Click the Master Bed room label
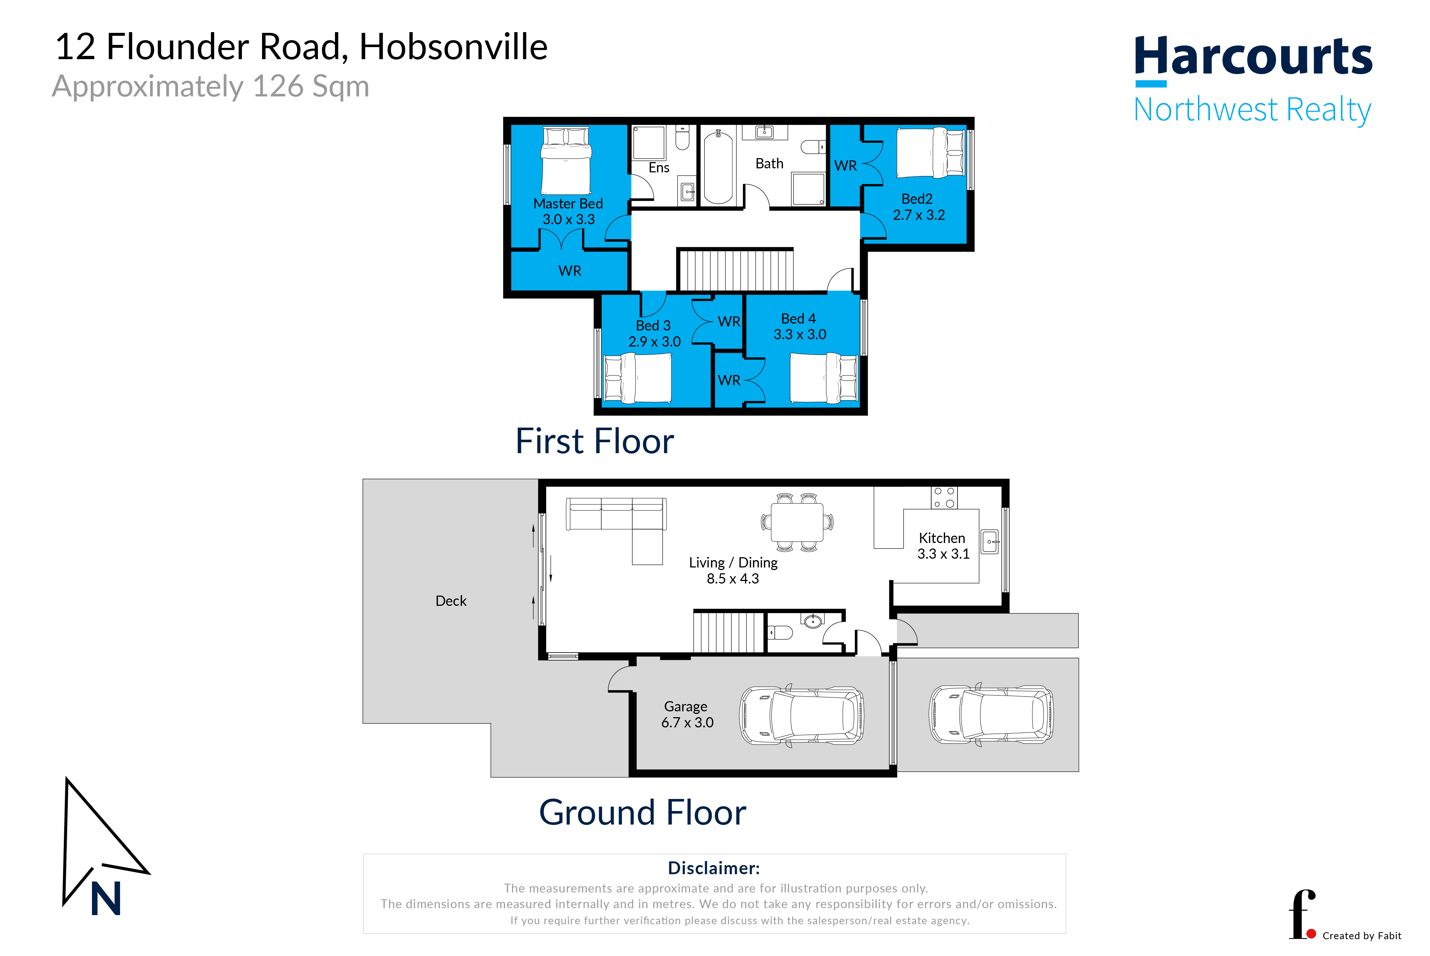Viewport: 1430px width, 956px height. tap(568, 204)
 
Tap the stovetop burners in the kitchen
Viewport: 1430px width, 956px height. tap(944, 497)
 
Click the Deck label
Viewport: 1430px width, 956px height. tap(451, 601)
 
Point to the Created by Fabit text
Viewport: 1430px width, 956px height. tap(1362, 936)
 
